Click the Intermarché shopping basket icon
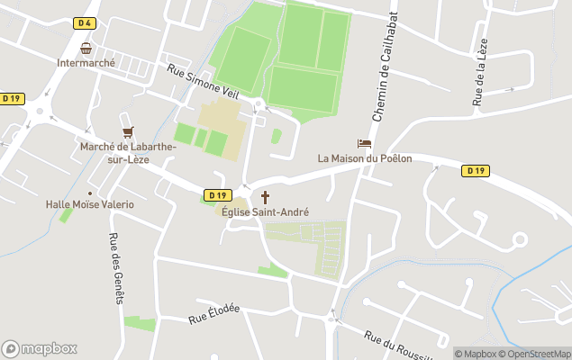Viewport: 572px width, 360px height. (x=86, y=48)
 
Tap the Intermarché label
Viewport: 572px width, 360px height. (x=86, y=63)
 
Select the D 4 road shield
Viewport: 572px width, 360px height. (x=86, y=23)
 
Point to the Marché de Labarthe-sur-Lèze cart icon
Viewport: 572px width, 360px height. (x=127, y=131)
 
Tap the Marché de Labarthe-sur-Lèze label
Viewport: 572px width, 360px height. (x=114, y=153)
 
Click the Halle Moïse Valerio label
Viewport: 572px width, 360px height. (x=90, y=204)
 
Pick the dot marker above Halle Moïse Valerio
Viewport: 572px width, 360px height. (x=90, y=193)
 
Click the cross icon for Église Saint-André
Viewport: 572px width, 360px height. (x=266, y=197)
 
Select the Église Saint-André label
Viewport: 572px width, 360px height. (x=266, y=212)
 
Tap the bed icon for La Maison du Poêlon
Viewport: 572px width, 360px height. (x=364, y=143)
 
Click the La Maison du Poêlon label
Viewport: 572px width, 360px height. (x=365, y=158)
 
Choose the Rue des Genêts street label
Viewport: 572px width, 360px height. (x=115, y=256)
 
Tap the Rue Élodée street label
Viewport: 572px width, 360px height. (x=213, y=313)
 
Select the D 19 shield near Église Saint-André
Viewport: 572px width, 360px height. (x=217, y=194)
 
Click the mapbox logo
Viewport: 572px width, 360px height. (x=40, y=348)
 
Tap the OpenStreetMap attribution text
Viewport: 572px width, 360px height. (x=539, y=354)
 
